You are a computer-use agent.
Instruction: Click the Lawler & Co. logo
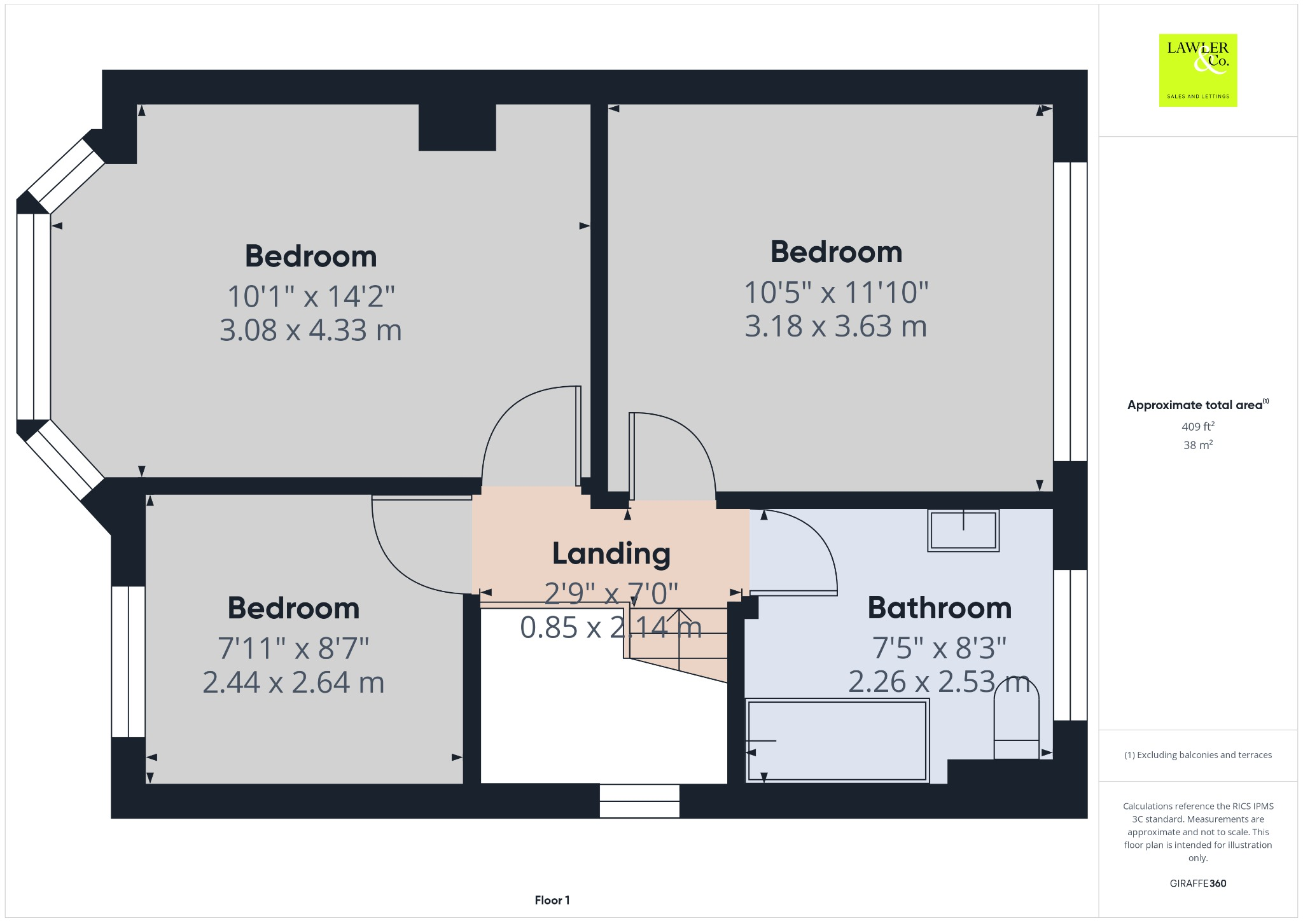(1197, 70)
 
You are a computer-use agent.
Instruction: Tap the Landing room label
(611, 553)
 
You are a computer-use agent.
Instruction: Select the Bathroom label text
(939, 608)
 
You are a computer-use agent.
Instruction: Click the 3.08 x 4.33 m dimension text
(310, 330)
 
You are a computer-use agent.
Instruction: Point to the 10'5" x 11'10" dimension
(836, 293)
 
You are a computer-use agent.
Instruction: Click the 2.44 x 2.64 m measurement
(293, 682)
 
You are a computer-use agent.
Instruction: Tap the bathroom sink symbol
(963, 530)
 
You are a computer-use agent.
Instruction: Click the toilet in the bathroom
(1016, 719)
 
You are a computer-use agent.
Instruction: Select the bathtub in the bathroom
(837, 740)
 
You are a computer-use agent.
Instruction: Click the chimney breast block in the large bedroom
(457, 127)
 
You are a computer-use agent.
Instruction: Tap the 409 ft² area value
(1197, 427)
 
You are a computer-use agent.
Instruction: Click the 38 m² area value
(1197, 445)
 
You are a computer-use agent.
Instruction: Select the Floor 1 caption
(552, 900)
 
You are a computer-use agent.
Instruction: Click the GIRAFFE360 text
(1197, 883)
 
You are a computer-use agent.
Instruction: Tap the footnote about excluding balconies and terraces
(1197, 755)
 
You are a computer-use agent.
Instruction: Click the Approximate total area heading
(1195, 405)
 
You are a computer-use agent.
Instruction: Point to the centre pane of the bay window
(33, 316)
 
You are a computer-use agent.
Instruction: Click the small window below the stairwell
(639, 801)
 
